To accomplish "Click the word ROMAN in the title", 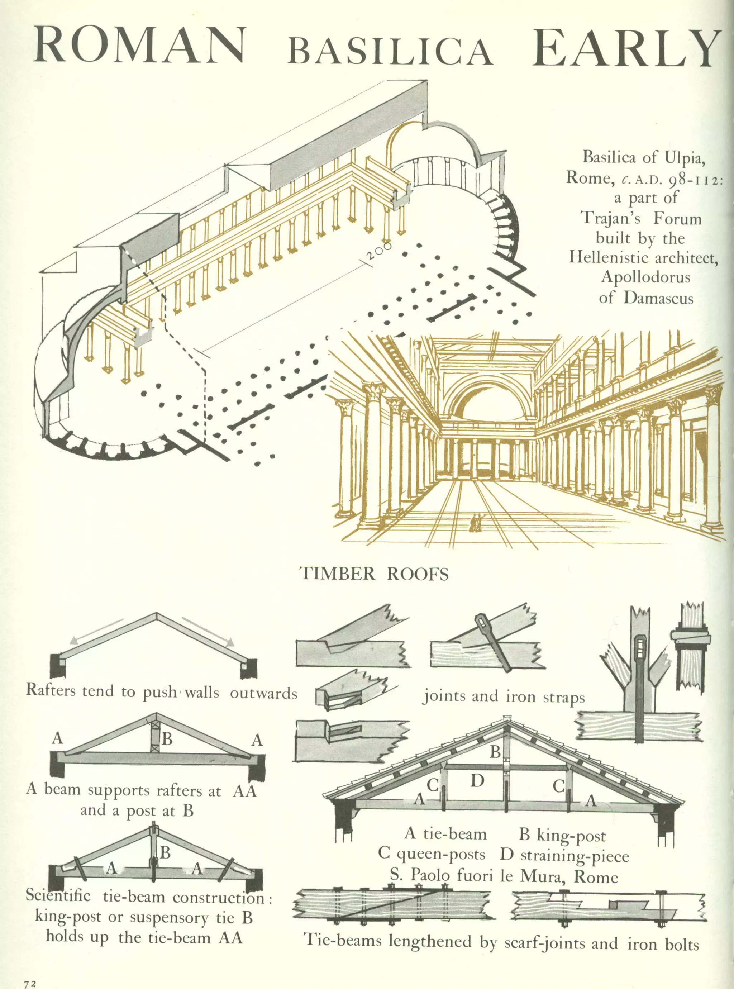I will pyautogui.click(x=140, y=46).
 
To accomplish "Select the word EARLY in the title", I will pyautogui.click(x=627, y=48).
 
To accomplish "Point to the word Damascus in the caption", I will pyautogui.click(x=658, y=297).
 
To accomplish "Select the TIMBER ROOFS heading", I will pyautogui.click(x=375, y=574).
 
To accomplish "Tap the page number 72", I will pyautogui.click(x=30, y=980).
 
